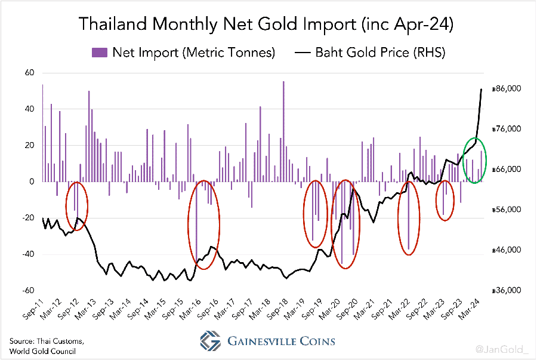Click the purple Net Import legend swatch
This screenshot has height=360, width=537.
pos(99,53)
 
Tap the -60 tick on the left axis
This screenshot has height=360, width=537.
pos(27,291)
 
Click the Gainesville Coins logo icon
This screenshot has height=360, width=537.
pos(211,341)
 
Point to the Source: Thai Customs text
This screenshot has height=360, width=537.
pos(47,340)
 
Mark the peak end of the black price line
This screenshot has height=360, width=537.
pos(482,89)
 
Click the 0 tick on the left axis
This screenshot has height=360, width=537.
pos(32,181)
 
